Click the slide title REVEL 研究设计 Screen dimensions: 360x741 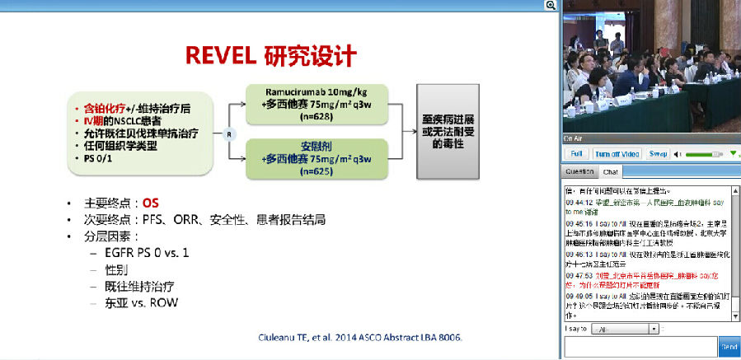click(270, 56)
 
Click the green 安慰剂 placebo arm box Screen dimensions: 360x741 click(317, 158)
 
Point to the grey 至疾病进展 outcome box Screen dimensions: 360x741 click(453, 129)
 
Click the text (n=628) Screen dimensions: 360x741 click(317, 116)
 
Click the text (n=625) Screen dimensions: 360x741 click(317, 171)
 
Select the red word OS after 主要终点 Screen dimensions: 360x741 click(150, 203)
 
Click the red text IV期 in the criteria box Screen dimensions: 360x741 click(96, 121)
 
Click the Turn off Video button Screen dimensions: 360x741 click(617, 154)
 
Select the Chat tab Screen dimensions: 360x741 click(611, 172)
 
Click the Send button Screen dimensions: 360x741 click(729, 347)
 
